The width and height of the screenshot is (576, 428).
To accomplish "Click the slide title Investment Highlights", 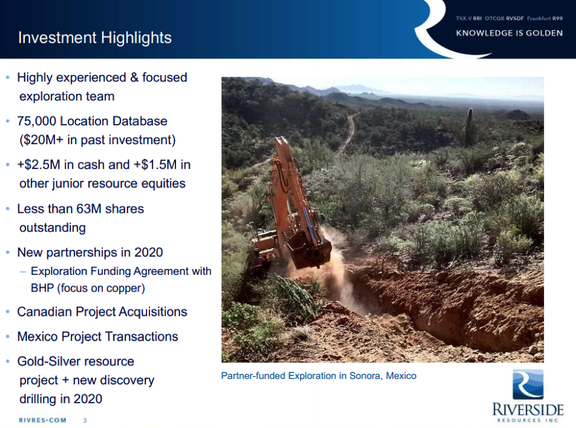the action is pyautogui.click(x=95, y=38).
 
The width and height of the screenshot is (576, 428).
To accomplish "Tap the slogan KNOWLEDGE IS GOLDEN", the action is pyautogui.click(x=509, y=33).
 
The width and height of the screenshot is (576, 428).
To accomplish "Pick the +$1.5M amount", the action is pyautogui.click(x=155, y=164).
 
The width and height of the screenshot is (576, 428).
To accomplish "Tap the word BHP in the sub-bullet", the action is pyautogui.click(x=43, y=288).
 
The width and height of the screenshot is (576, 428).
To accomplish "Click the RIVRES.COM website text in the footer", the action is pyautogui.click(x=43, y=420).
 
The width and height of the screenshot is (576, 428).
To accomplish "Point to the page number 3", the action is pyautogui.click(x=85, y=420).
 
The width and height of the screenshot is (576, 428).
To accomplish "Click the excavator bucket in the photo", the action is pyautogui.click(x=310, y=250).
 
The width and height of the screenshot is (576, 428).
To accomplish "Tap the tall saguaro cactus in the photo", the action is pyautogui.click(x=469, y=127).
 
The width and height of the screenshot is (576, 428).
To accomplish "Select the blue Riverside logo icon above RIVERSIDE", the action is pyautogui.click(x=528, y=385).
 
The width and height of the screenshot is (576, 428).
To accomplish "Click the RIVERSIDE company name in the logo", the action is pyautogui.click(x=528, y=409).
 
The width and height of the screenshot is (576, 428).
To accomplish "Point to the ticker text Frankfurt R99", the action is pyautogui.click(x=545, y=18).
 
